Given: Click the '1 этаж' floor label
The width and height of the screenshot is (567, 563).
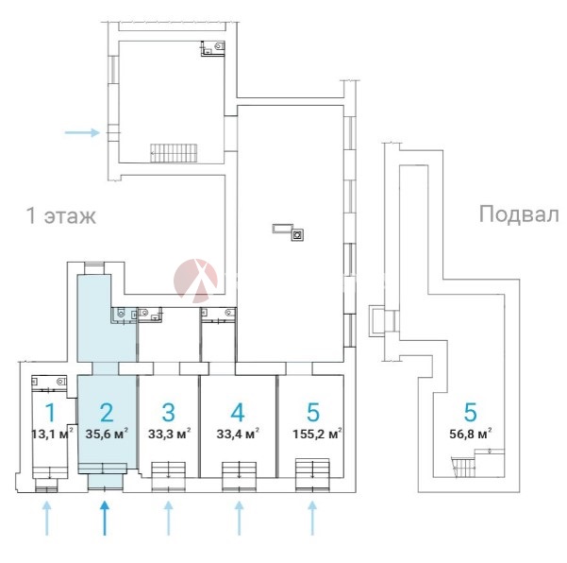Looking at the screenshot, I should click(x=61, y=216).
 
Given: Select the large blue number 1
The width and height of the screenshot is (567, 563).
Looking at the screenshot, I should click(x=49, y=413).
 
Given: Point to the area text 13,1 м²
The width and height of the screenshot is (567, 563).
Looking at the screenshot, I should click(x=53, y=435).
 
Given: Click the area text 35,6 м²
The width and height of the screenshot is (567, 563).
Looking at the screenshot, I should click(x=108, y=435).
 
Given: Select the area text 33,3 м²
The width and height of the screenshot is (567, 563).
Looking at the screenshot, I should click(x=170, y=435).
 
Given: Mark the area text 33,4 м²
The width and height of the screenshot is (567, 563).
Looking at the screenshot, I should click(x=239, y=435).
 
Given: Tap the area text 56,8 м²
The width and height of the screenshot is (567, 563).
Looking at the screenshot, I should click(x=471, y=435).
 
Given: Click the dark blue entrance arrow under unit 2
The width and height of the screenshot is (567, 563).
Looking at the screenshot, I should click(x=105, y=518).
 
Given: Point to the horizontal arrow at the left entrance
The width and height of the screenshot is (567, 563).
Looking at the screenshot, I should click(x=82, y=133).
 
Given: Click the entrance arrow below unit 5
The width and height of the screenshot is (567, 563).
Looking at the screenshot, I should click(x=312, y=518).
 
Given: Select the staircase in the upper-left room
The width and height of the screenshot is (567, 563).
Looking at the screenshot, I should click(x=171, y=151).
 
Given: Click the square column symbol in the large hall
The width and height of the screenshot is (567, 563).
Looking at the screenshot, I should click(x=296, y=234).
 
